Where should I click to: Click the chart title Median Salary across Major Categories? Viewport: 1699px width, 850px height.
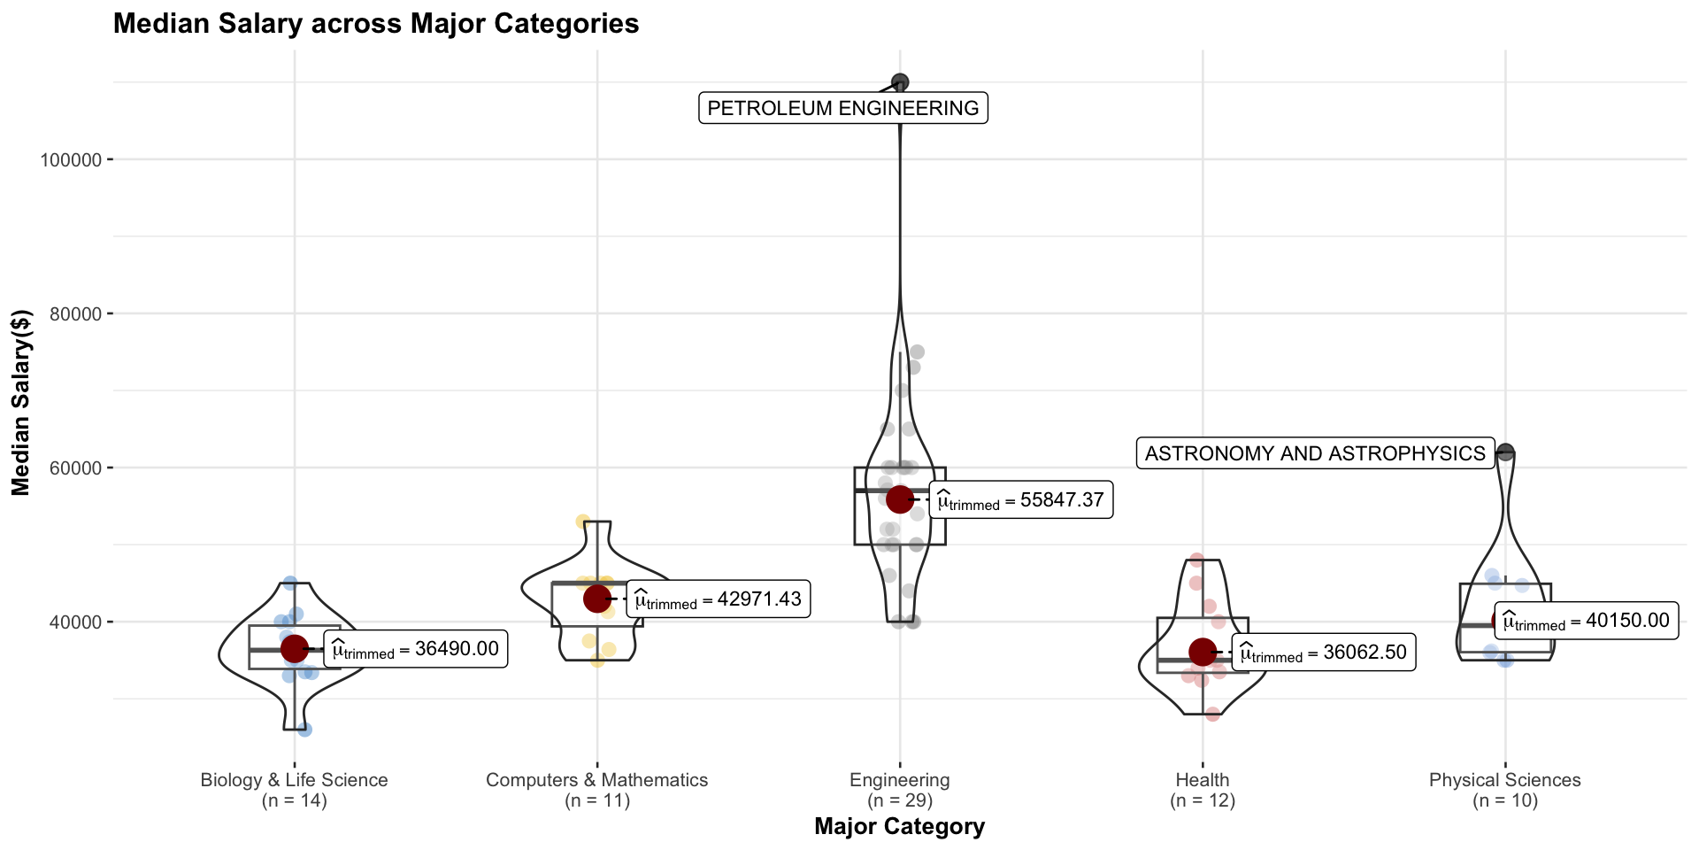[x=376, y=24]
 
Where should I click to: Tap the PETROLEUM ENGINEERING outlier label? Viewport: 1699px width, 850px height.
[x=842, y=108]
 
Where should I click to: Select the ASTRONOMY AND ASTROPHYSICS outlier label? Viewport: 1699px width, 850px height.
[x=1315, y=453]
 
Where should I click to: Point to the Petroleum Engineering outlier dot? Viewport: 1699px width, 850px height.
[x=900, y=82]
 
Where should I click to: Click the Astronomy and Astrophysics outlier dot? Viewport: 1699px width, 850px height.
[x=1506, y=452]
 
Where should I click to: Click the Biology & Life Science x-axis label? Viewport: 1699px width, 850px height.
[x=294, y=780]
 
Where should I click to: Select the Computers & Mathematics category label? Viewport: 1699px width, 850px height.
[x=596, y=780]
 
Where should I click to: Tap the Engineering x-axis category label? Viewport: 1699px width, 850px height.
[x=899, y=780]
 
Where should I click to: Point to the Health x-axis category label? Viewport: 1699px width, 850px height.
[x=1202, y=780]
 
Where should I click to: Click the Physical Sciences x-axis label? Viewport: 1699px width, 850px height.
[x=1504, y=780]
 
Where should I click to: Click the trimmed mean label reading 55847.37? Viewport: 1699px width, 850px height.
[x=1020, y=500]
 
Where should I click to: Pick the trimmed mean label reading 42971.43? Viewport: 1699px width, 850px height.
[x=718, y=599]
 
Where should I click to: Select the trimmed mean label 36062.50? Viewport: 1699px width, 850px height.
[x=1323, y=653]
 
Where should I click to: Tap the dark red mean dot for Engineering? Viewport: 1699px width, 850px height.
[x=899, y=498]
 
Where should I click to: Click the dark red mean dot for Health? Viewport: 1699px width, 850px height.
[x=1202, y=653]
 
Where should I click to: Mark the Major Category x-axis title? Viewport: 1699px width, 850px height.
[x=899, y=826]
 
